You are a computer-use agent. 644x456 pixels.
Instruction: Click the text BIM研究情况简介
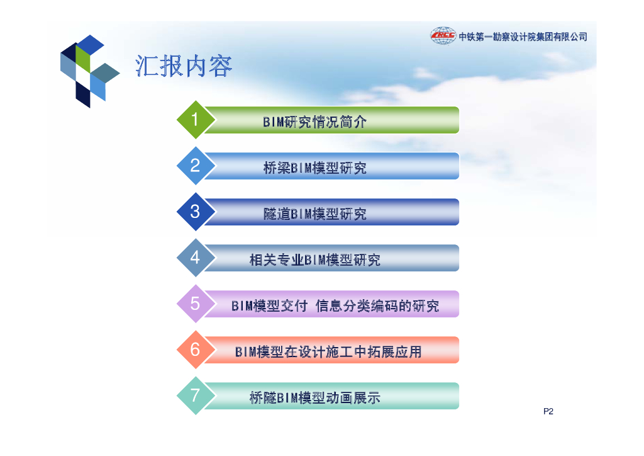pyautogui.click(x=314, y=122)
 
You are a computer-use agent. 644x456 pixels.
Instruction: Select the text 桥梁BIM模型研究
pyautogui.click(x=314, y=168)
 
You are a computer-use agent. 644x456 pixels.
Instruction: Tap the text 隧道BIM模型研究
pyautogui.click(x=314, y=214)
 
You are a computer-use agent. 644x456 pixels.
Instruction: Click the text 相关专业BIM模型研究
pyautogui.click(x=314, y=260)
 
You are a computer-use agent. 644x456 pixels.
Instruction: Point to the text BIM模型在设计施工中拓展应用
pyautogui.click(x=328, y=352)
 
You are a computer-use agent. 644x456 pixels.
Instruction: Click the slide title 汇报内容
pyautogui.click(x=184, y=66)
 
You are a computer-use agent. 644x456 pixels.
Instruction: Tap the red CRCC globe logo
pyautogui.click(x=443, y=36)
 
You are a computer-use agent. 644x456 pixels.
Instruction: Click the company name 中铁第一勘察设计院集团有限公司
pyautogui.click(x=523, y=37)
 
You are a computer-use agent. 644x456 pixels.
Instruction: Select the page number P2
pyautogui.click(x=548, y=411)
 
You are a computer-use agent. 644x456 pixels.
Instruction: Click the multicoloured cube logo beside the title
pyautogui.click(x=89, y=71)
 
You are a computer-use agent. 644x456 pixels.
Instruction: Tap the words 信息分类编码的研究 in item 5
pyautogui.click(x=377, y=306)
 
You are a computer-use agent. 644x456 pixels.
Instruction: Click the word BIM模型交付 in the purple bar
pyautogui.click(x=269, y=306)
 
